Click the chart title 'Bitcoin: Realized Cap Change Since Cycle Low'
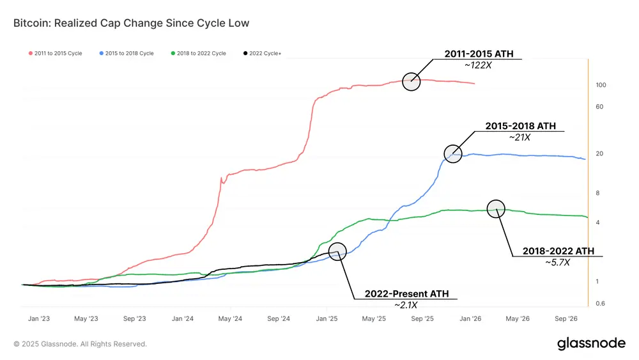click(131, 24)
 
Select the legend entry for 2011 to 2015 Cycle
click(56, 53)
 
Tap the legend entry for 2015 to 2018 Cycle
click(127, 53)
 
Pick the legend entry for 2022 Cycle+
click(263, 53)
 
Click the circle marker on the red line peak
click(412, 81)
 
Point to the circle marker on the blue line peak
click(453, 153)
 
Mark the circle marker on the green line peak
click(496, 208)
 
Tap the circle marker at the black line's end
click(337, 251)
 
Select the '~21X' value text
click(520, 137)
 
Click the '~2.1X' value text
click(406, 305)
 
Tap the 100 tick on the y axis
click(601, 85)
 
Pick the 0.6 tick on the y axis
click(601, 304)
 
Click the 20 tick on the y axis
click(600, 154)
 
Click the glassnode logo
click(591, 343)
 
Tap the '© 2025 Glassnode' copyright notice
click(81, 344)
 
